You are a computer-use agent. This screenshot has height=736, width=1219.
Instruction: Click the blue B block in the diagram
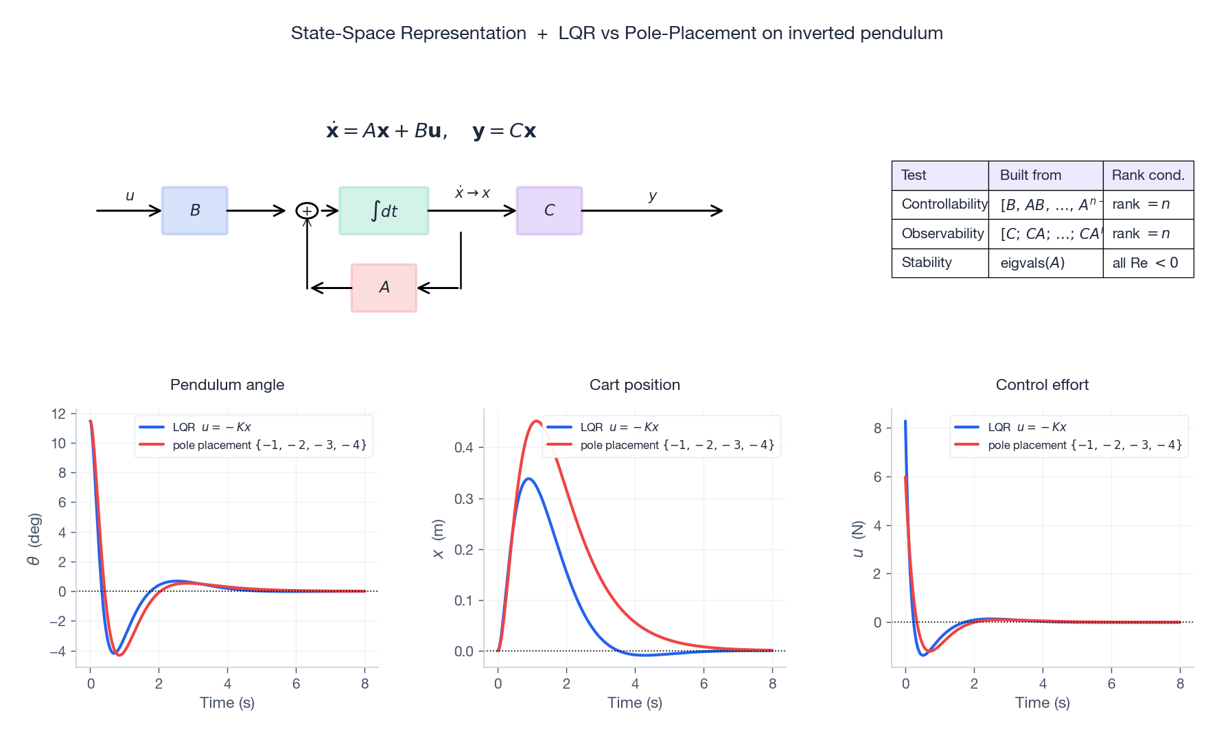(x=194, y=211)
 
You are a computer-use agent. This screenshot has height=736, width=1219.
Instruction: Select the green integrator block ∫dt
(x=384, y=211)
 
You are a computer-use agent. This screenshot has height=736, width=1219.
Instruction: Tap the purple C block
(x=549, y=211)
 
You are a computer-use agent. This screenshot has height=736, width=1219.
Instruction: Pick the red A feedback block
(x=384, y=288)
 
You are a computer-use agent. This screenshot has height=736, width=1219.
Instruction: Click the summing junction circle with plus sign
(x=307, y=211)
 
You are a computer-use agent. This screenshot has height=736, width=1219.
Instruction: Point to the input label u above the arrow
(x=130, y=196)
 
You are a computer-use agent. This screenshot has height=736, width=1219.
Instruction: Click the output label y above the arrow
(x=652, y=196)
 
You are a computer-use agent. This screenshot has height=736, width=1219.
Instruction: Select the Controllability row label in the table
(x=944, y=204)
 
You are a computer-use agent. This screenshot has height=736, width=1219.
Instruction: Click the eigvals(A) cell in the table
(x=1032, y=263)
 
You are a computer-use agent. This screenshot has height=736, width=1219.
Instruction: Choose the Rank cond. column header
(x=1148, y=175)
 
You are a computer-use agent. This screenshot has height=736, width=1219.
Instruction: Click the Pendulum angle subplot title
(x=227, y=384)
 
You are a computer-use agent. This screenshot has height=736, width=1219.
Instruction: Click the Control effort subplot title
(x=1042, y=384)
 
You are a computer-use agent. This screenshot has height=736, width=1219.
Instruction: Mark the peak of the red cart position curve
(x=536, y=421)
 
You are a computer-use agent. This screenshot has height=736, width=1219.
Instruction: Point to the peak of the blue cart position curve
(x=528, y=479)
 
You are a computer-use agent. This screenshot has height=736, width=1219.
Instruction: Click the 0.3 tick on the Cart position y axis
(x=464, y=498)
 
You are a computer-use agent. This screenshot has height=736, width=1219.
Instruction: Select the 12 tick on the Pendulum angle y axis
(x=58, y=413)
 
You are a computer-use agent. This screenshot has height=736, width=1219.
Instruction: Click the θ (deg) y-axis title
(x=34, y=539)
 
